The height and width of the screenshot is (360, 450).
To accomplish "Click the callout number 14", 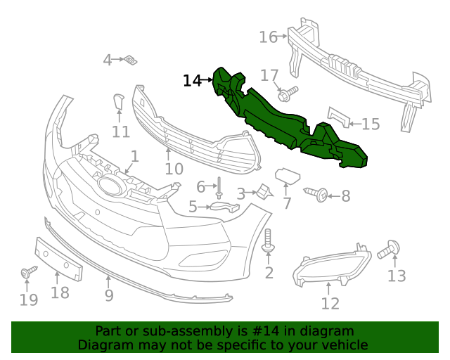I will [192, 81].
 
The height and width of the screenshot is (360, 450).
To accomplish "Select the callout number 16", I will [269, 37].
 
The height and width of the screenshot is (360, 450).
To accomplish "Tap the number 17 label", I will [270, 75].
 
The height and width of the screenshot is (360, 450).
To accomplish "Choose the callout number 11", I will [121, 131].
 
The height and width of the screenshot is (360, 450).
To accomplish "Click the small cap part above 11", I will [119, 103].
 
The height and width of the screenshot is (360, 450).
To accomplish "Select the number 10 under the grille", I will [174, 169].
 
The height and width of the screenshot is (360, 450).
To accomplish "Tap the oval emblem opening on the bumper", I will [110, 186].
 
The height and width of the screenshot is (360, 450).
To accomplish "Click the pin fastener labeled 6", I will [219, 186].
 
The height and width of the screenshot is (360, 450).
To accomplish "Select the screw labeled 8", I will [317, 193].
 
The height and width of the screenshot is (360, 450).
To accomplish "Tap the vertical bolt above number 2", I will [268, 241].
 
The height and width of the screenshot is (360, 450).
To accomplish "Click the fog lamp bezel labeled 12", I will [330, 266].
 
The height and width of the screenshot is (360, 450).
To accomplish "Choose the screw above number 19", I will [27, 272].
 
